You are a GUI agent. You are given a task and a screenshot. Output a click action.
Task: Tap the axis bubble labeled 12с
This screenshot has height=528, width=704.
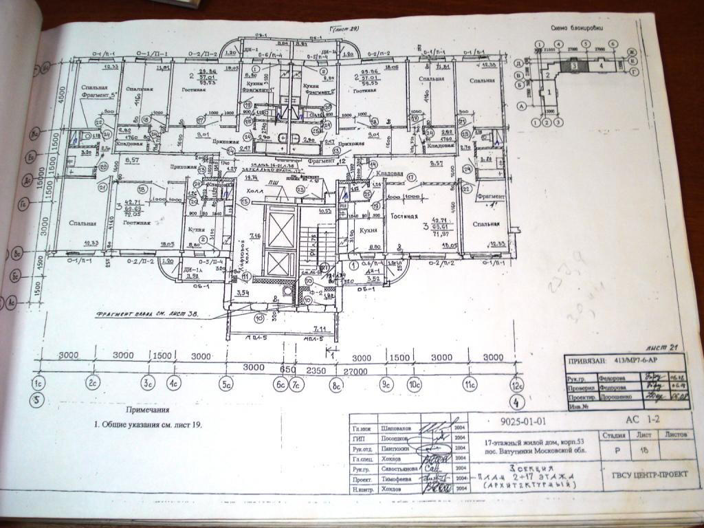pos(518,384)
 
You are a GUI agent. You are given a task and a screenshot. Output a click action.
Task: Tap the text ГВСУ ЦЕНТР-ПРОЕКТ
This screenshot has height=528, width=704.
pos(645,474)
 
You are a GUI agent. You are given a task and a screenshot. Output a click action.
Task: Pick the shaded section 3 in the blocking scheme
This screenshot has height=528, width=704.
pos(571,67)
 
